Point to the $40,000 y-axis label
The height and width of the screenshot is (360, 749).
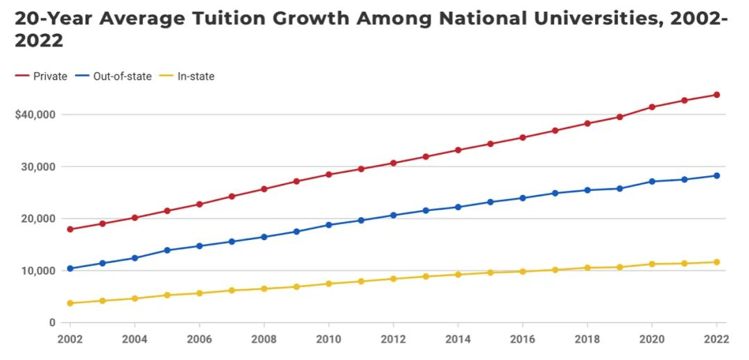[x=35, y=114]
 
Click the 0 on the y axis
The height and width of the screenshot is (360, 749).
[x=51, y=323]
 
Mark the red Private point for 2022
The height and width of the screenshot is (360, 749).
[x=716, y=95]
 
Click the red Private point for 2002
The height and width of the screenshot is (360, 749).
[x=70, y=229]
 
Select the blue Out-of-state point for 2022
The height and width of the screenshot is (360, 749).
[x=716, y=175]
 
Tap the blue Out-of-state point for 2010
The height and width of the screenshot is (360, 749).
[x=329, y=225]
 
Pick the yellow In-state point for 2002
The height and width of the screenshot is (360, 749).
[x=70, y=303]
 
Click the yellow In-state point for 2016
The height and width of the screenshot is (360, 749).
[x=522, y=271]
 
